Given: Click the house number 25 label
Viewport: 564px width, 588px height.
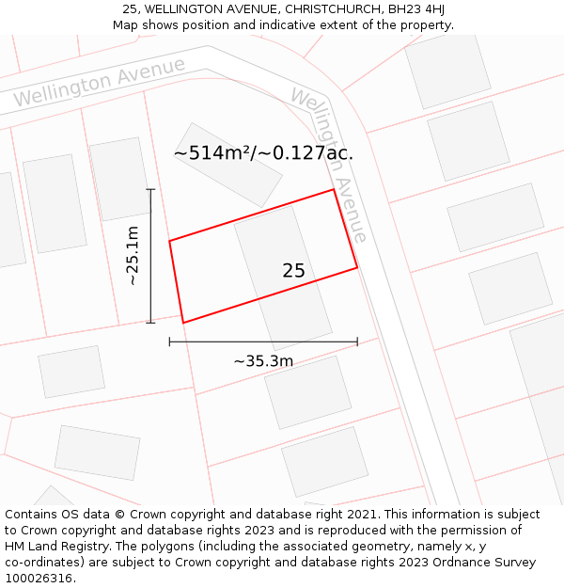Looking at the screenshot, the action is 293,271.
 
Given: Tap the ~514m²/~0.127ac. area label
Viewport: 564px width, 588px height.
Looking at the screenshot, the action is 263,152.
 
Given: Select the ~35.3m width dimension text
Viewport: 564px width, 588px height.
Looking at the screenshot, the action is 263,360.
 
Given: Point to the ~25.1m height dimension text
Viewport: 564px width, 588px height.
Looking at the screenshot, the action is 133,255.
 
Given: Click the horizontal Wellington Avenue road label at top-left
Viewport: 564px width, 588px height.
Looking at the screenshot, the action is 99,83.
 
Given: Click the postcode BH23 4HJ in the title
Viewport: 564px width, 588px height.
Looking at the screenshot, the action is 416,9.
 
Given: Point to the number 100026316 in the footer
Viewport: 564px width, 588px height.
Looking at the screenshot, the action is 39,578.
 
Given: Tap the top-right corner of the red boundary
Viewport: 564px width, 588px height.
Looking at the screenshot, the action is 334,190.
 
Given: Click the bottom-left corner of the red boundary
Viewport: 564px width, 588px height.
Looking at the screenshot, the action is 183,323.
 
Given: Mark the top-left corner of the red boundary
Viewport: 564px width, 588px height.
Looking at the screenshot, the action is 169,241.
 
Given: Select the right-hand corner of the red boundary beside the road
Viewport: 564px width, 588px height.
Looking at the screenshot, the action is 357,268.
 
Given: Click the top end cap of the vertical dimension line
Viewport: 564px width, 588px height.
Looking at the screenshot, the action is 150,189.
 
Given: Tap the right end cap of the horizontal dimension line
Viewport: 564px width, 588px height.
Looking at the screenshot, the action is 357,342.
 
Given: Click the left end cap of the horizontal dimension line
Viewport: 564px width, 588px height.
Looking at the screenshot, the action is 169,342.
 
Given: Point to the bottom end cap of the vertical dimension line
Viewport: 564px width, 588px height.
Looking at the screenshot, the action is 150,323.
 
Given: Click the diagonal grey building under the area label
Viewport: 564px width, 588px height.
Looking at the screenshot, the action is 228,166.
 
